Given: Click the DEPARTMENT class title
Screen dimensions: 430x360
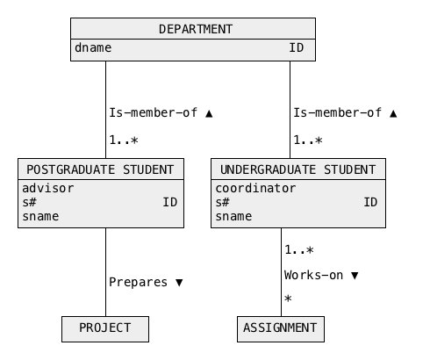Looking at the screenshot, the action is pos(196,29).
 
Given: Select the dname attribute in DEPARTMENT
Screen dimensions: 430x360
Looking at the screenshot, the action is pos(93,47).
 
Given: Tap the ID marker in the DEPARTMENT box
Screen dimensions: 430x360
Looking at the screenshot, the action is pos(297,47).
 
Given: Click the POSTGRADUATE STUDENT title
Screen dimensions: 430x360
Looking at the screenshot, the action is pos(100,169).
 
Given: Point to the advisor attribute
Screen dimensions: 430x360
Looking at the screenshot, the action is pos(48,188).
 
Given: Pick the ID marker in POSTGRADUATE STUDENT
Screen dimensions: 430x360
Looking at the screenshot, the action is pos(170,202).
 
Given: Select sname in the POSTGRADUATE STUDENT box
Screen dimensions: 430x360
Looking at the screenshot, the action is pos(40,217).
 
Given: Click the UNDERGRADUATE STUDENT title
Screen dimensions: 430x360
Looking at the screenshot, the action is pos(298,169).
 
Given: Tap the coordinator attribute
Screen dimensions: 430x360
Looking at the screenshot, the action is pos(255,188).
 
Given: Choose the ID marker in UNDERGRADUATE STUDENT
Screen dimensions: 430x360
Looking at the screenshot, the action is pos(370,202).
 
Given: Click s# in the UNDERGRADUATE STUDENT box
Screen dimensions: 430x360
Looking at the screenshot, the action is pos(223,202).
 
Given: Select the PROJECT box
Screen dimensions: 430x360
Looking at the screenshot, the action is pos(105,329).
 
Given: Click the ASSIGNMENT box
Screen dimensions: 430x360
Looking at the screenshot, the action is pos(281,329).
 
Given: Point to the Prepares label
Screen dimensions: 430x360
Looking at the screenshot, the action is pos(138,283).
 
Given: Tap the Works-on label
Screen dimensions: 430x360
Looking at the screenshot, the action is pos(313,276).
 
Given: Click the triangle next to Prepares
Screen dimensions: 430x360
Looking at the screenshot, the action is pos(179,283).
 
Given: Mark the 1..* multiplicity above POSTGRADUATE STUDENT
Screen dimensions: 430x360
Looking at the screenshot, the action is pos(124,140).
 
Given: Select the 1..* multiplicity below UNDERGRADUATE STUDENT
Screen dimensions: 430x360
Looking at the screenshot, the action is pos(299,250).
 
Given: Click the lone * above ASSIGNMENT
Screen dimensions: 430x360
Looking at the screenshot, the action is pos(288,299).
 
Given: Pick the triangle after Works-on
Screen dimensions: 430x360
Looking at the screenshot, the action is pos(355,276).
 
